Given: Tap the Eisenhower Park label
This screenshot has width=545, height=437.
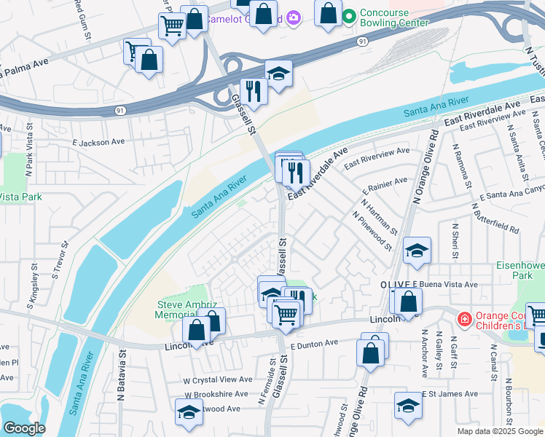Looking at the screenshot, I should tap(520, 270).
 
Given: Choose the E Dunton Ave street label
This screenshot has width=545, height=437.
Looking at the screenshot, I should tap(314, 343).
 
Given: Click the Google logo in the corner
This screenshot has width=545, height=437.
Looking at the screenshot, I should tap(24, 428).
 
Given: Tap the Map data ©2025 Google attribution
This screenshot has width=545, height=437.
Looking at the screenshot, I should tap(499, 431).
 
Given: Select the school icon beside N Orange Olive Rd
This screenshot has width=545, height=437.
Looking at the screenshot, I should tap(417, 251).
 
